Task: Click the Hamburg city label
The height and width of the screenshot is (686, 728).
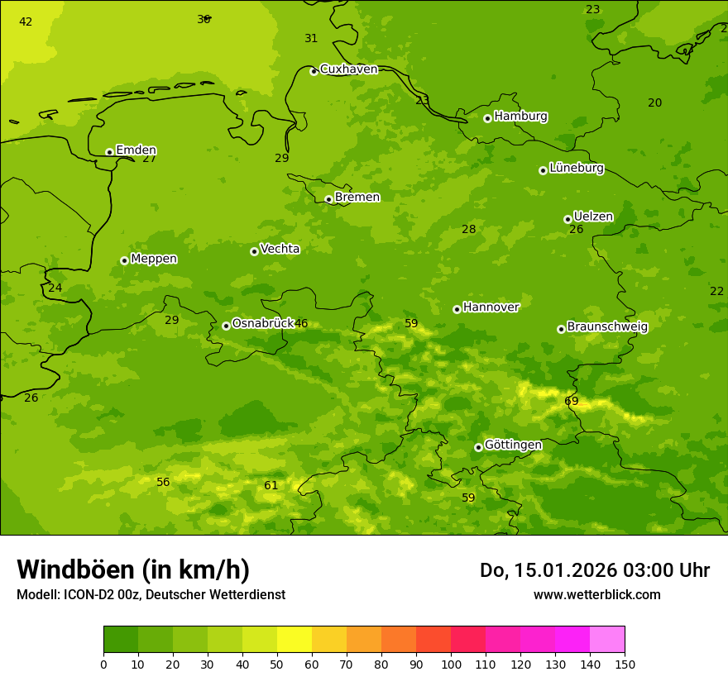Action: coord(520,117)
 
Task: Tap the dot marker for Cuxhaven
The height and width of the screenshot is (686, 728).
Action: coord(314,71)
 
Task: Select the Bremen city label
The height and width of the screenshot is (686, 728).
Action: coord(357,198)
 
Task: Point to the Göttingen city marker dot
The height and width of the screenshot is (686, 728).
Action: coord(478,447)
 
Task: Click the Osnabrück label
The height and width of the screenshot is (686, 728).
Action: coord(262,324)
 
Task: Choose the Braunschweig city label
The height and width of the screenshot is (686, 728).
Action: coord(607,327)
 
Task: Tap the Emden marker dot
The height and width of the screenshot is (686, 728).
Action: coord(109,152)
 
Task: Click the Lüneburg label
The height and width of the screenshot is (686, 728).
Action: coord(576,169)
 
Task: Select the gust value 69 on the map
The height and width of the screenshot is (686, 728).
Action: coord(572,402)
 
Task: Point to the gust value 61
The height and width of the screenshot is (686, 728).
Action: coord(271,486)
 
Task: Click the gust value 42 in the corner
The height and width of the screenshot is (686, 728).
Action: coord(26,22)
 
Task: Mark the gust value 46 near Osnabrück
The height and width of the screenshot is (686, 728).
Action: coord(301,324)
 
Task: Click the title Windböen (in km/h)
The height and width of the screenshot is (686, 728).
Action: coord(133,569)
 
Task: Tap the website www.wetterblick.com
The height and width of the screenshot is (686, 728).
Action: coord(596,595)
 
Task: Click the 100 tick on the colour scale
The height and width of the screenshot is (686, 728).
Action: coord(451,664)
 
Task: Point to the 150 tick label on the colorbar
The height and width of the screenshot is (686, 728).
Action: coord(625,664)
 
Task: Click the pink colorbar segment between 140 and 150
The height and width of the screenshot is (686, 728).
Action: coord(607,640)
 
